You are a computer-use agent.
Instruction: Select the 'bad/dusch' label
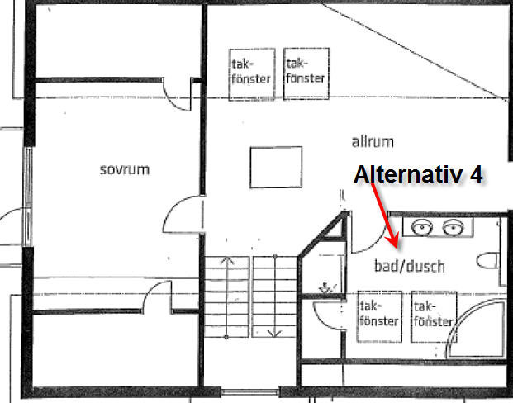410,266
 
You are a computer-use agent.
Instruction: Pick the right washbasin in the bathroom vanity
451,227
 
